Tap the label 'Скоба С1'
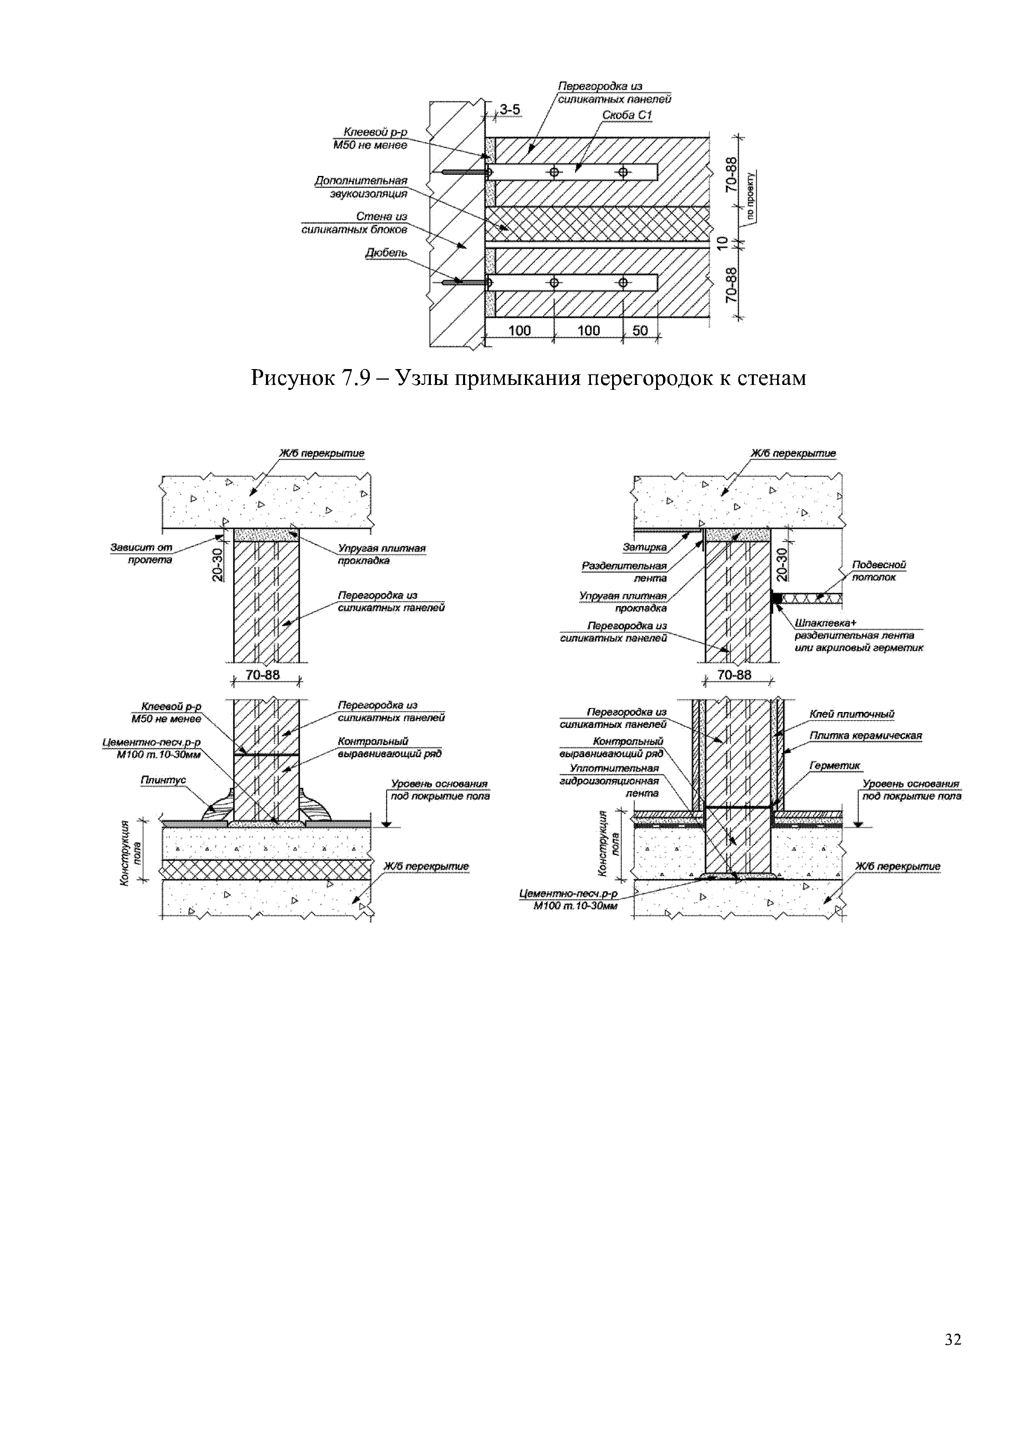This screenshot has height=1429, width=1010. tap(627, 116)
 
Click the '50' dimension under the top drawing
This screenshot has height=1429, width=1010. tap(640, 330)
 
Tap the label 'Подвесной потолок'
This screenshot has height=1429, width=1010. tap(879, 571)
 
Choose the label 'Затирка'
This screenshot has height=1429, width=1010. tap(644, 547)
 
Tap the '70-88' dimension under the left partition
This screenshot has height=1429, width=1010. tap(263, 675)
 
